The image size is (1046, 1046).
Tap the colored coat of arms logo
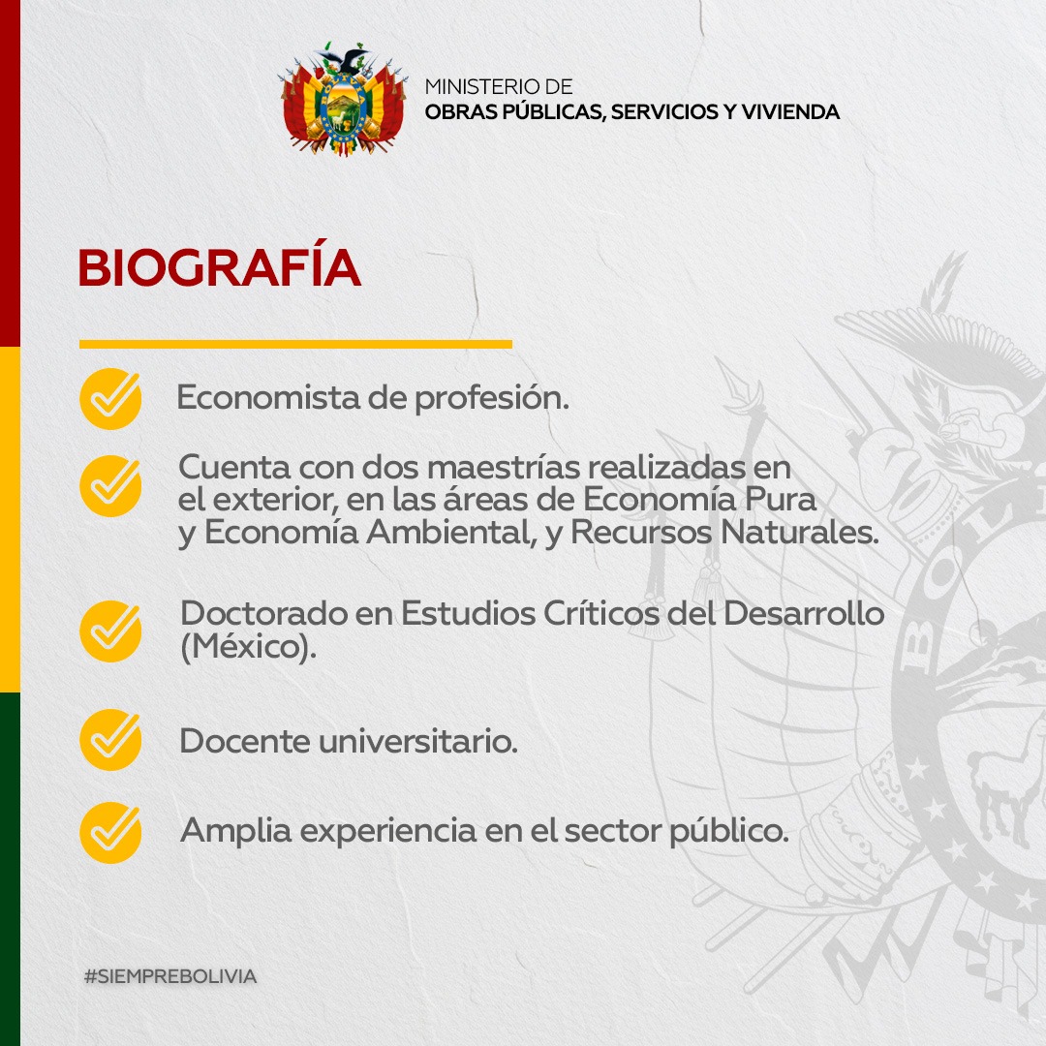click(x=343, y=100)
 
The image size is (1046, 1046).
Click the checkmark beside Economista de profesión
click(x=110, y=399)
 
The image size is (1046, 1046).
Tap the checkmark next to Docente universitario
click(x=110, y=740)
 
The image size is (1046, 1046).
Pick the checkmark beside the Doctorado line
click(x=110, y=631)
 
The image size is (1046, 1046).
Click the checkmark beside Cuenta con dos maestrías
click(x=110, y=485)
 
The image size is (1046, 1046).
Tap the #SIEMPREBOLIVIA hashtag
click(x=169, y=976)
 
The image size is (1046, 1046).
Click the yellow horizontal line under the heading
click(x=294, y=344)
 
